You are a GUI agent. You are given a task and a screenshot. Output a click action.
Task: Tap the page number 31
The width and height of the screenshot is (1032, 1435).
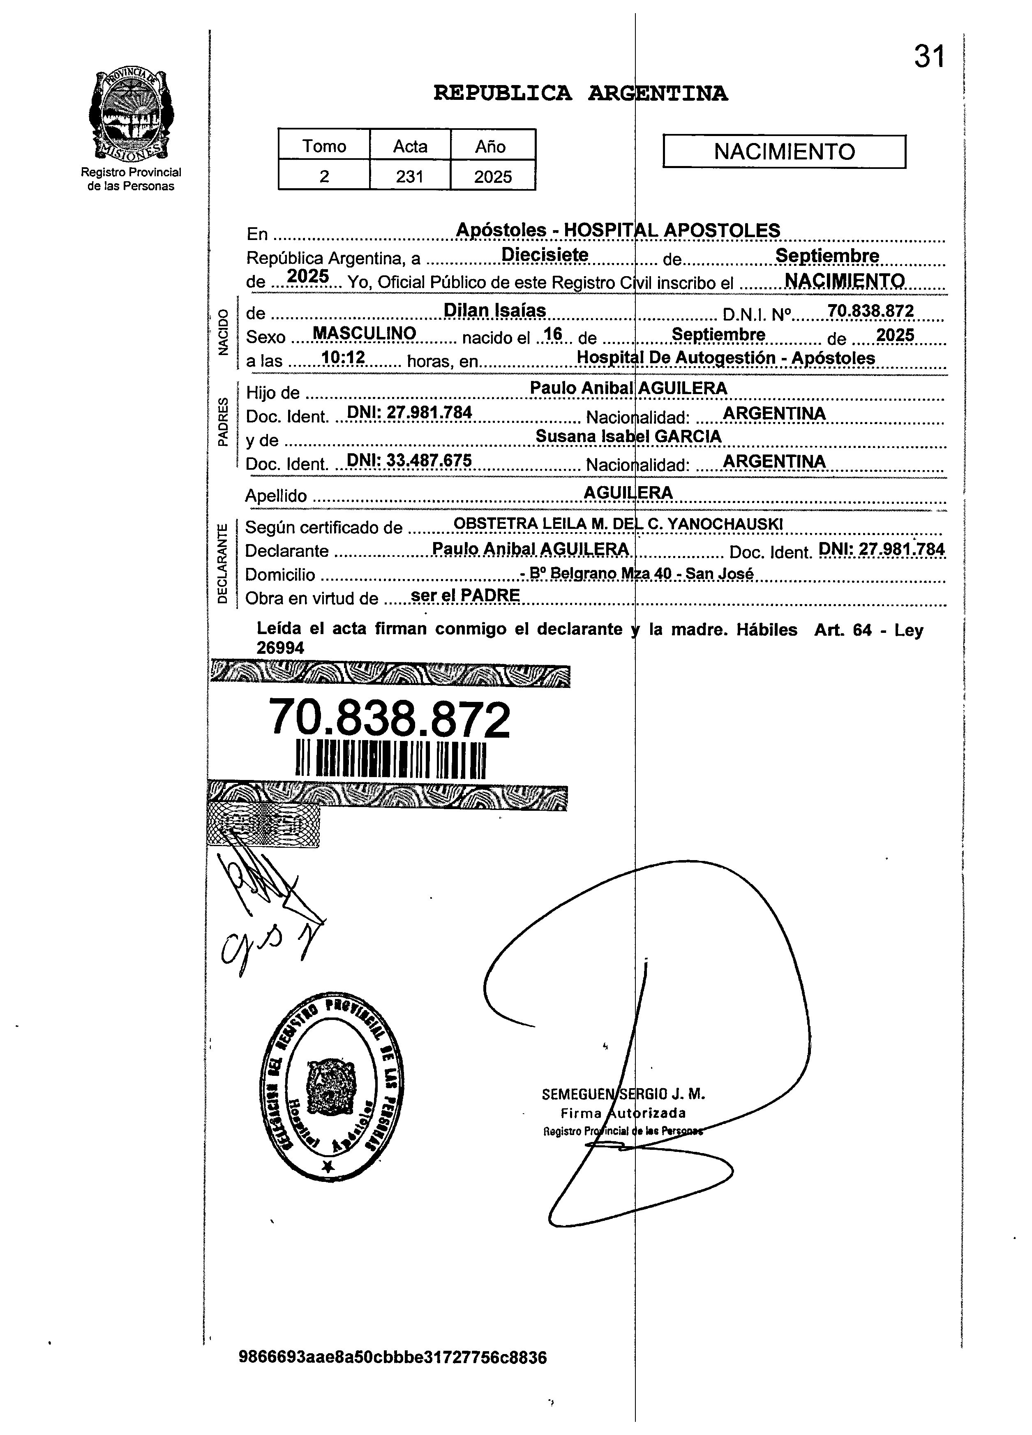click(x=928, y=57)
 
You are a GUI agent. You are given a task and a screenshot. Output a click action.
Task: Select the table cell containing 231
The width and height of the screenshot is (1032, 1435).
click(x=409, y=176)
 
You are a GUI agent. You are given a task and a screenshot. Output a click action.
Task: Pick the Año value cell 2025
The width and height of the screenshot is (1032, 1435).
click(x=493, y=176)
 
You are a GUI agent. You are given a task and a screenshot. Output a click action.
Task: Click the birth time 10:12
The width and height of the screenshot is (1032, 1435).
click(x=343, y=358)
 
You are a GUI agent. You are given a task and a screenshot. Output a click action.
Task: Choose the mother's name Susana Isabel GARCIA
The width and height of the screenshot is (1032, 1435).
click(x=628, y=436)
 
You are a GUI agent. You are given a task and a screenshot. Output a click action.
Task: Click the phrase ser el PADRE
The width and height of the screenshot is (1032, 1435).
click(x=465, y=595)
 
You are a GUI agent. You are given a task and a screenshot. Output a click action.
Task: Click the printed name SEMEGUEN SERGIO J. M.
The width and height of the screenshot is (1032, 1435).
click(x=623, y=1094)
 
